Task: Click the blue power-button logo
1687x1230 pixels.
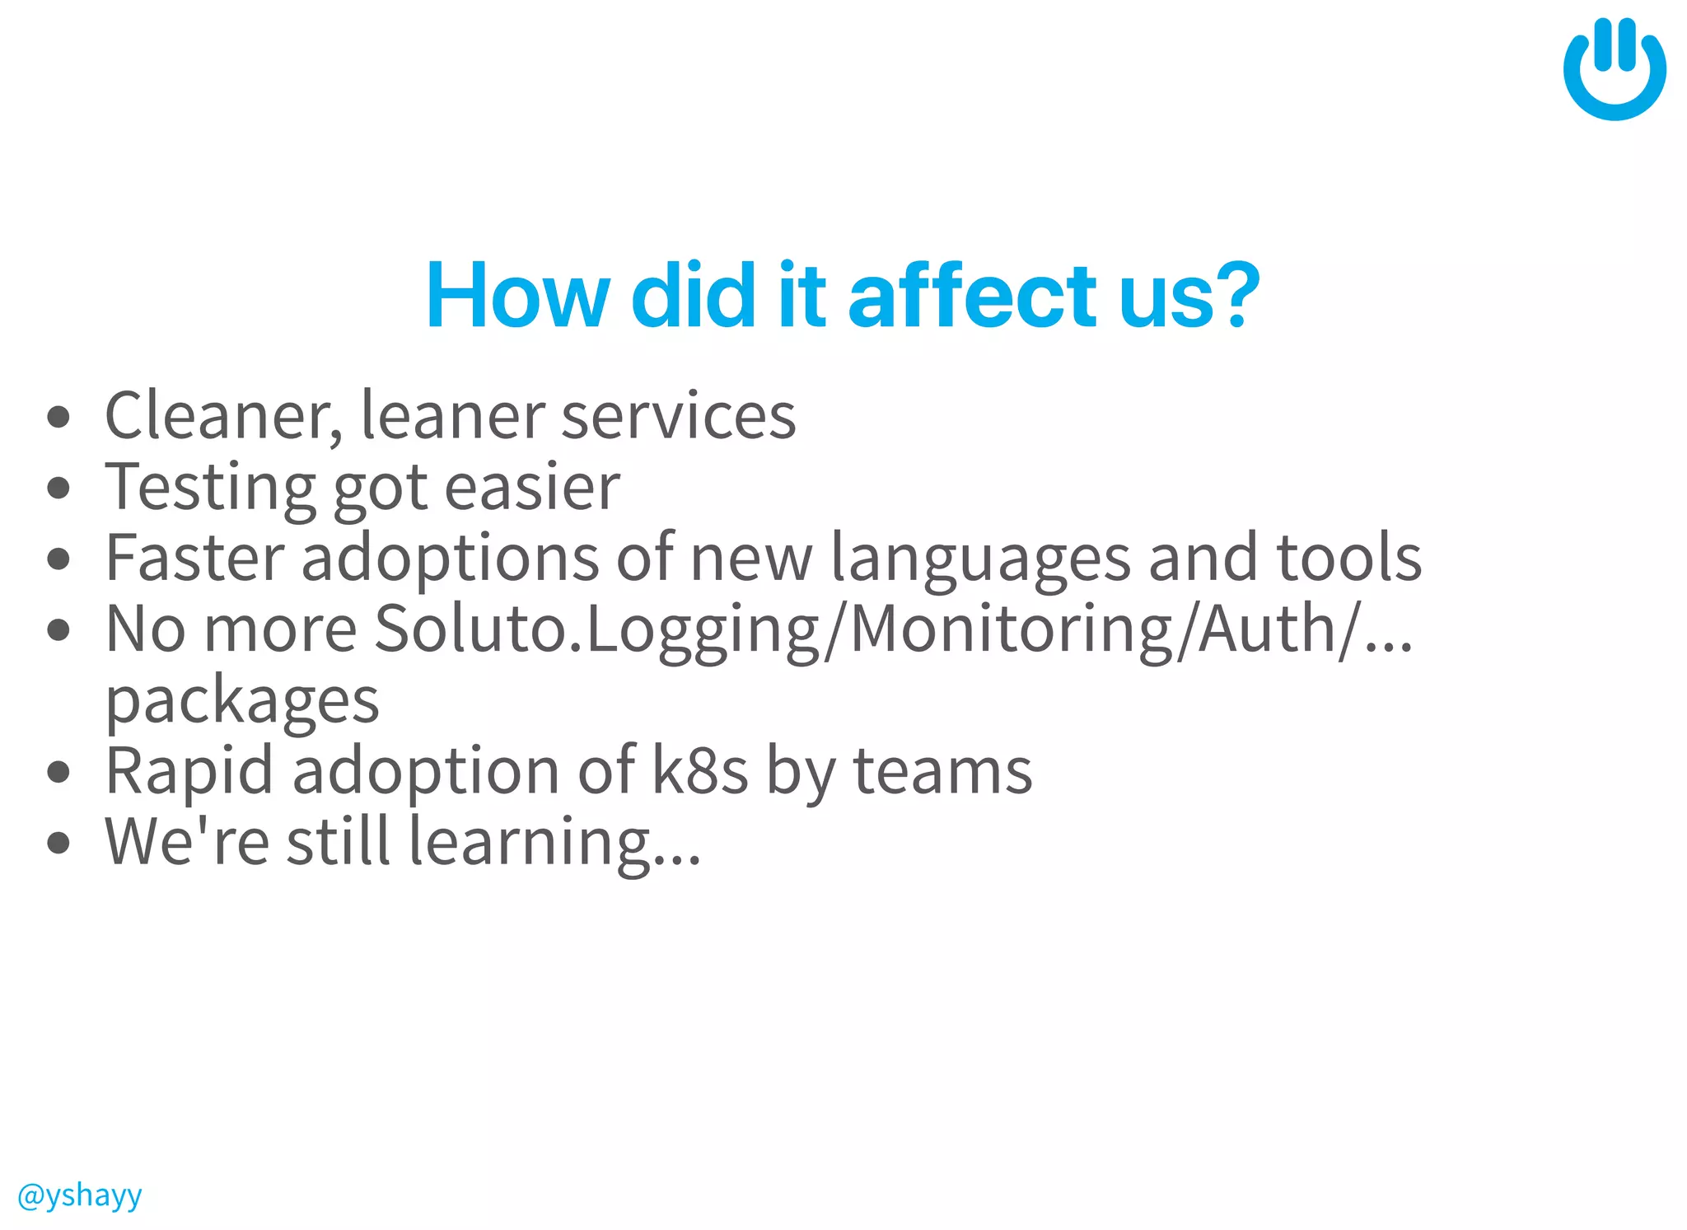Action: point(1614,69)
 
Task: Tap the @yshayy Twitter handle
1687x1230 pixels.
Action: point(79,1195)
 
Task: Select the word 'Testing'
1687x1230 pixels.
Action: point(210,488)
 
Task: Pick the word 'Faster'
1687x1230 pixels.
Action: point(194,559)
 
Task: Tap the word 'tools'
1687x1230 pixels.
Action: point(1348,559)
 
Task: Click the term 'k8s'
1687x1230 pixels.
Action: point(700,771)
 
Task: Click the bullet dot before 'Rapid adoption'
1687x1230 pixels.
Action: point(58,772)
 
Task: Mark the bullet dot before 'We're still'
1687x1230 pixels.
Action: point(58,843)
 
